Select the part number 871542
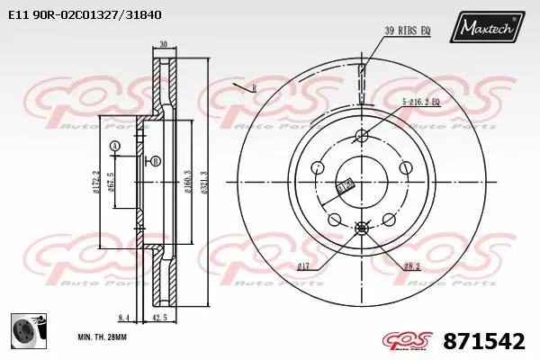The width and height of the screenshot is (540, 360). point(485,341)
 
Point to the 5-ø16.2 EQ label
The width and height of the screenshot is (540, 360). point(421,102)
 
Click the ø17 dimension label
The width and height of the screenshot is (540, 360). point(304,265)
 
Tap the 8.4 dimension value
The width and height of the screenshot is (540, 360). point(123,317)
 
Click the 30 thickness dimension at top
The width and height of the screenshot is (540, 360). point(163,44)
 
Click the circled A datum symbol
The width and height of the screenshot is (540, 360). point(114,146)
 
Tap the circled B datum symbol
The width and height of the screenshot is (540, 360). point(156,161)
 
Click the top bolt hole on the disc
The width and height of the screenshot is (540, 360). point(362,136)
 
